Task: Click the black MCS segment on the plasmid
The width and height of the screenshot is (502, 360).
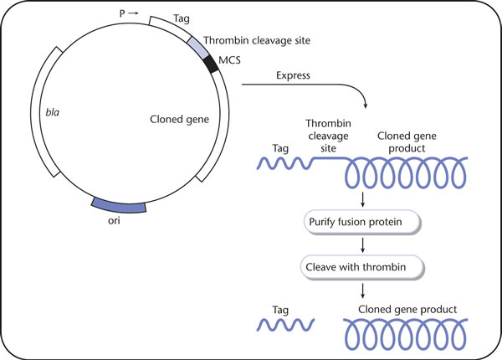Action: [x=212, y=64]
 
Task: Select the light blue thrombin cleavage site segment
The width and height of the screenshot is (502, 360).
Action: [x=197, y=48]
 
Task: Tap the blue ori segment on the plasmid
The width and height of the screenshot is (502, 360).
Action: [x=119, y=206]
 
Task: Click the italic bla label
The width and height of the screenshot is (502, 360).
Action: [x=53, y=112]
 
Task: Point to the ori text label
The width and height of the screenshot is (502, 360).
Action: [x=114, y=221]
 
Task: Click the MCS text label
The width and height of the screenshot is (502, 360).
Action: [x=229, y=60]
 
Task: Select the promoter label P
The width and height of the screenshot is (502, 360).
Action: [x=122, y=13]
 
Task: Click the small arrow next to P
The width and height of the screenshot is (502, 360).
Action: [x=134, y=13]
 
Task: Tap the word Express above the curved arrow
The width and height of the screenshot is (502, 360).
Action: [x=293, y=75]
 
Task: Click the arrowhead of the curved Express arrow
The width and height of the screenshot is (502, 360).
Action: [x=366, y=105]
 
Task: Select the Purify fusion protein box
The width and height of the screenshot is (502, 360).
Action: [x=362, y=222]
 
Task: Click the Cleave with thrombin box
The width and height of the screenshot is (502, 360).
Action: [x=362, y=267]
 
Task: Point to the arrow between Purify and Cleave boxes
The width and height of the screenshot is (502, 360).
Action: [x=363, y=245]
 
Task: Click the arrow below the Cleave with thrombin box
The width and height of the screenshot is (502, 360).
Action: [x=363, y=291]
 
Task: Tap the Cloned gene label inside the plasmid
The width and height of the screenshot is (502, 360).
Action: [x=179, y=120]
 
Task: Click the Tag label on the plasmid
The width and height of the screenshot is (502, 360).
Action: [x=182, y=18]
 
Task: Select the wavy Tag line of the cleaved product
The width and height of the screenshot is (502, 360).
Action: [x=285, y=325]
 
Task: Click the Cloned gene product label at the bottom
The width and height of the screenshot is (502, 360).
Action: [x=407, y=310]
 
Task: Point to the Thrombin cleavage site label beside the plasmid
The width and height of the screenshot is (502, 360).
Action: [x=257, y=41]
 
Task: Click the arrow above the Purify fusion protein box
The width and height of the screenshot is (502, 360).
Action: [x=363, y=199]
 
